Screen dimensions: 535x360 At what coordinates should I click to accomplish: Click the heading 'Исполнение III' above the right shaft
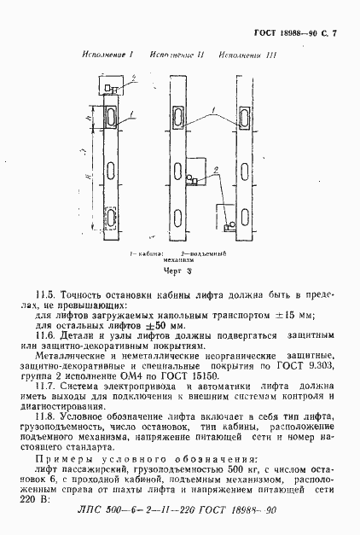[244, 56]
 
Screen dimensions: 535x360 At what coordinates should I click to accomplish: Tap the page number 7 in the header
[334, 33]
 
